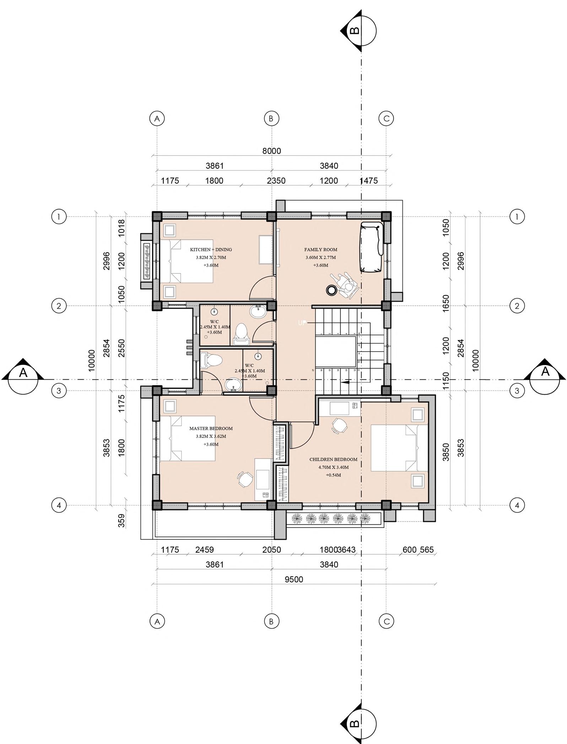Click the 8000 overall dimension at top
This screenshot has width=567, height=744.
[x=271, y=151]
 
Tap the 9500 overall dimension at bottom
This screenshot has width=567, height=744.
[x=294, y=580]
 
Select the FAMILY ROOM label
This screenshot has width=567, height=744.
[x=320, y=250]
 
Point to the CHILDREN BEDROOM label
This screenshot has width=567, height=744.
[x=333, y=460]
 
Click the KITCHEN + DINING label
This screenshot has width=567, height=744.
[x=211, y=250]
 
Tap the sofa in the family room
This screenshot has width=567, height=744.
[x=372, y=247]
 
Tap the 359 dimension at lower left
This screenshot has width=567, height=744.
[x=121, y=521]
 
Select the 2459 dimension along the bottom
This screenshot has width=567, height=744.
[x=205, y=550]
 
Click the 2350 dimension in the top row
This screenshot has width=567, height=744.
[x=276, y=181]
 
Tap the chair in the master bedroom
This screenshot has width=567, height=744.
[x=244, y=480]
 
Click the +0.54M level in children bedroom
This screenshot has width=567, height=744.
[x=333, y=475]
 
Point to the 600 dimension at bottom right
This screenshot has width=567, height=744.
[x=409, y=550]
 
